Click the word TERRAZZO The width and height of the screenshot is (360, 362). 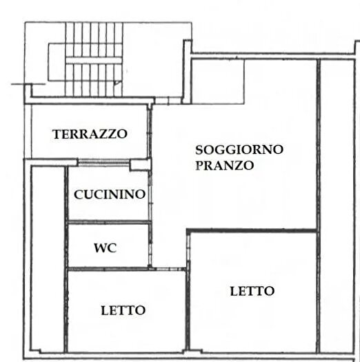[90, 134]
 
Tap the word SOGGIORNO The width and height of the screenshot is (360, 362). [239, 149]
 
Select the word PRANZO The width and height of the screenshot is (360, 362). [224, 165]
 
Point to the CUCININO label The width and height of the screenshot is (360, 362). [110, 194]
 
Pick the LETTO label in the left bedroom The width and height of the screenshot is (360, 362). [123, 310]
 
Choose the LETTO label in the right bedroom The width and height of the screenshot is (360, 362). [252, 291]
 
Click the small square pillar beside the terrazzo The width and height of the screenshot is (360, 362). [140, 164]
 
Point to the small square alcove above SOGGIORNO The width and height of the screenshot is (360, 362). [217, 81]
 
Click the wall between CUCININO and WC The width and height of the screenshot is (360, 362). [108, 222]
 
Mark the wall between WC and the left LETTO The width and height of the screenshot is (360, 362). [108, 270]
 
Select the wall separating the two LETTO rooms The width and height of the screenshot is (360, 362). [187, 310]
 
